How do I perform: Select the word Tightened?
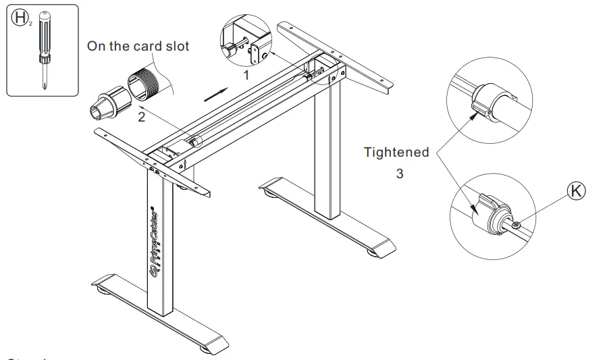point(396,152)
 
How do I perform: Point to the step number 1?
point(246,76)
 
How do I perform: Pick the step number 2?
point(141,116)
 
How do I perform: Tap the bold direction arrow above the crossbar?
point(217,93)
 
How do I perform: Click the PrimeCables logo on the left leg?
point(155,236)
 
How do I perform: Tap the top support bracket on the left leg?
point(152,159)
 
